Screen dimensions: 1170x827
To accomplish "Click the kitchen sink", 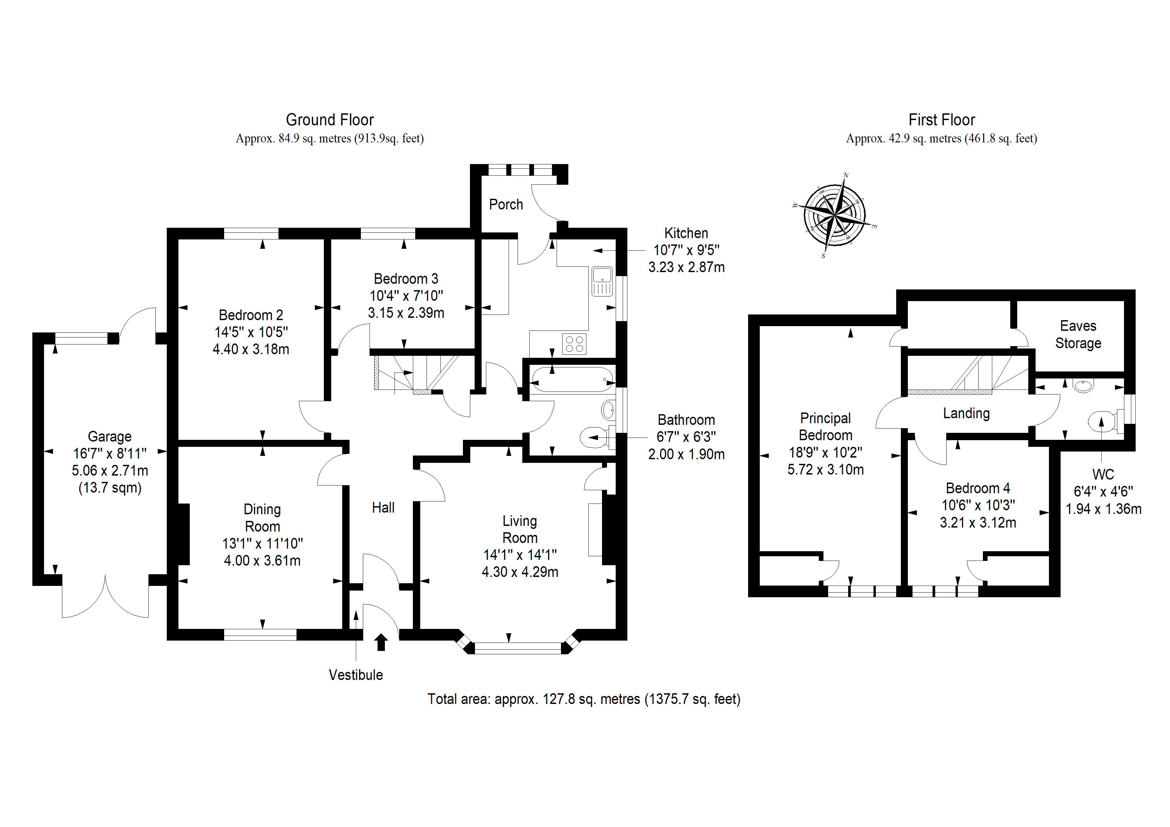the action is coord(602,281).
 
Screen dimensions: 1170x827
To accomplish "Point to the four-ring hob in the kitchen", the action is coord(574,343).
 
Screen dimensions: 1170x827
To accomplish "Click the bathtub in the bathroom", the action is coord(572,379).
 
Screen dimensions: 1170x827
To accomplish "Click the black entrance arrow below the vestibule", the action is coord(381,642).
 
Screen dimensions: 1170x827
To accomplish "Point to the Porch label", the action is coord(506,204).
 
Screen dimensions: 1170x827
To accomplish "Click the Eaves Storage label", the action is coord(1078,334).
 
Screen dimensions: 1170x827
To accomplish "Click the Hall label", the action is coord(383,508).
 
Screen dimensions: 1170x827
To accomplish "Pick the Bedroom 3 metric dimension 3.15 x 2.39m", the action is coord(406,313).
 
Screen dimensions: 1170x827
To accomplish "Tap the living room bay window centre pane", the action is coord(518,648).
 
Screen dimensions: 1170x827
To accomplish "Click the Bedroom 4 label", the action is coord(978,488).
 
